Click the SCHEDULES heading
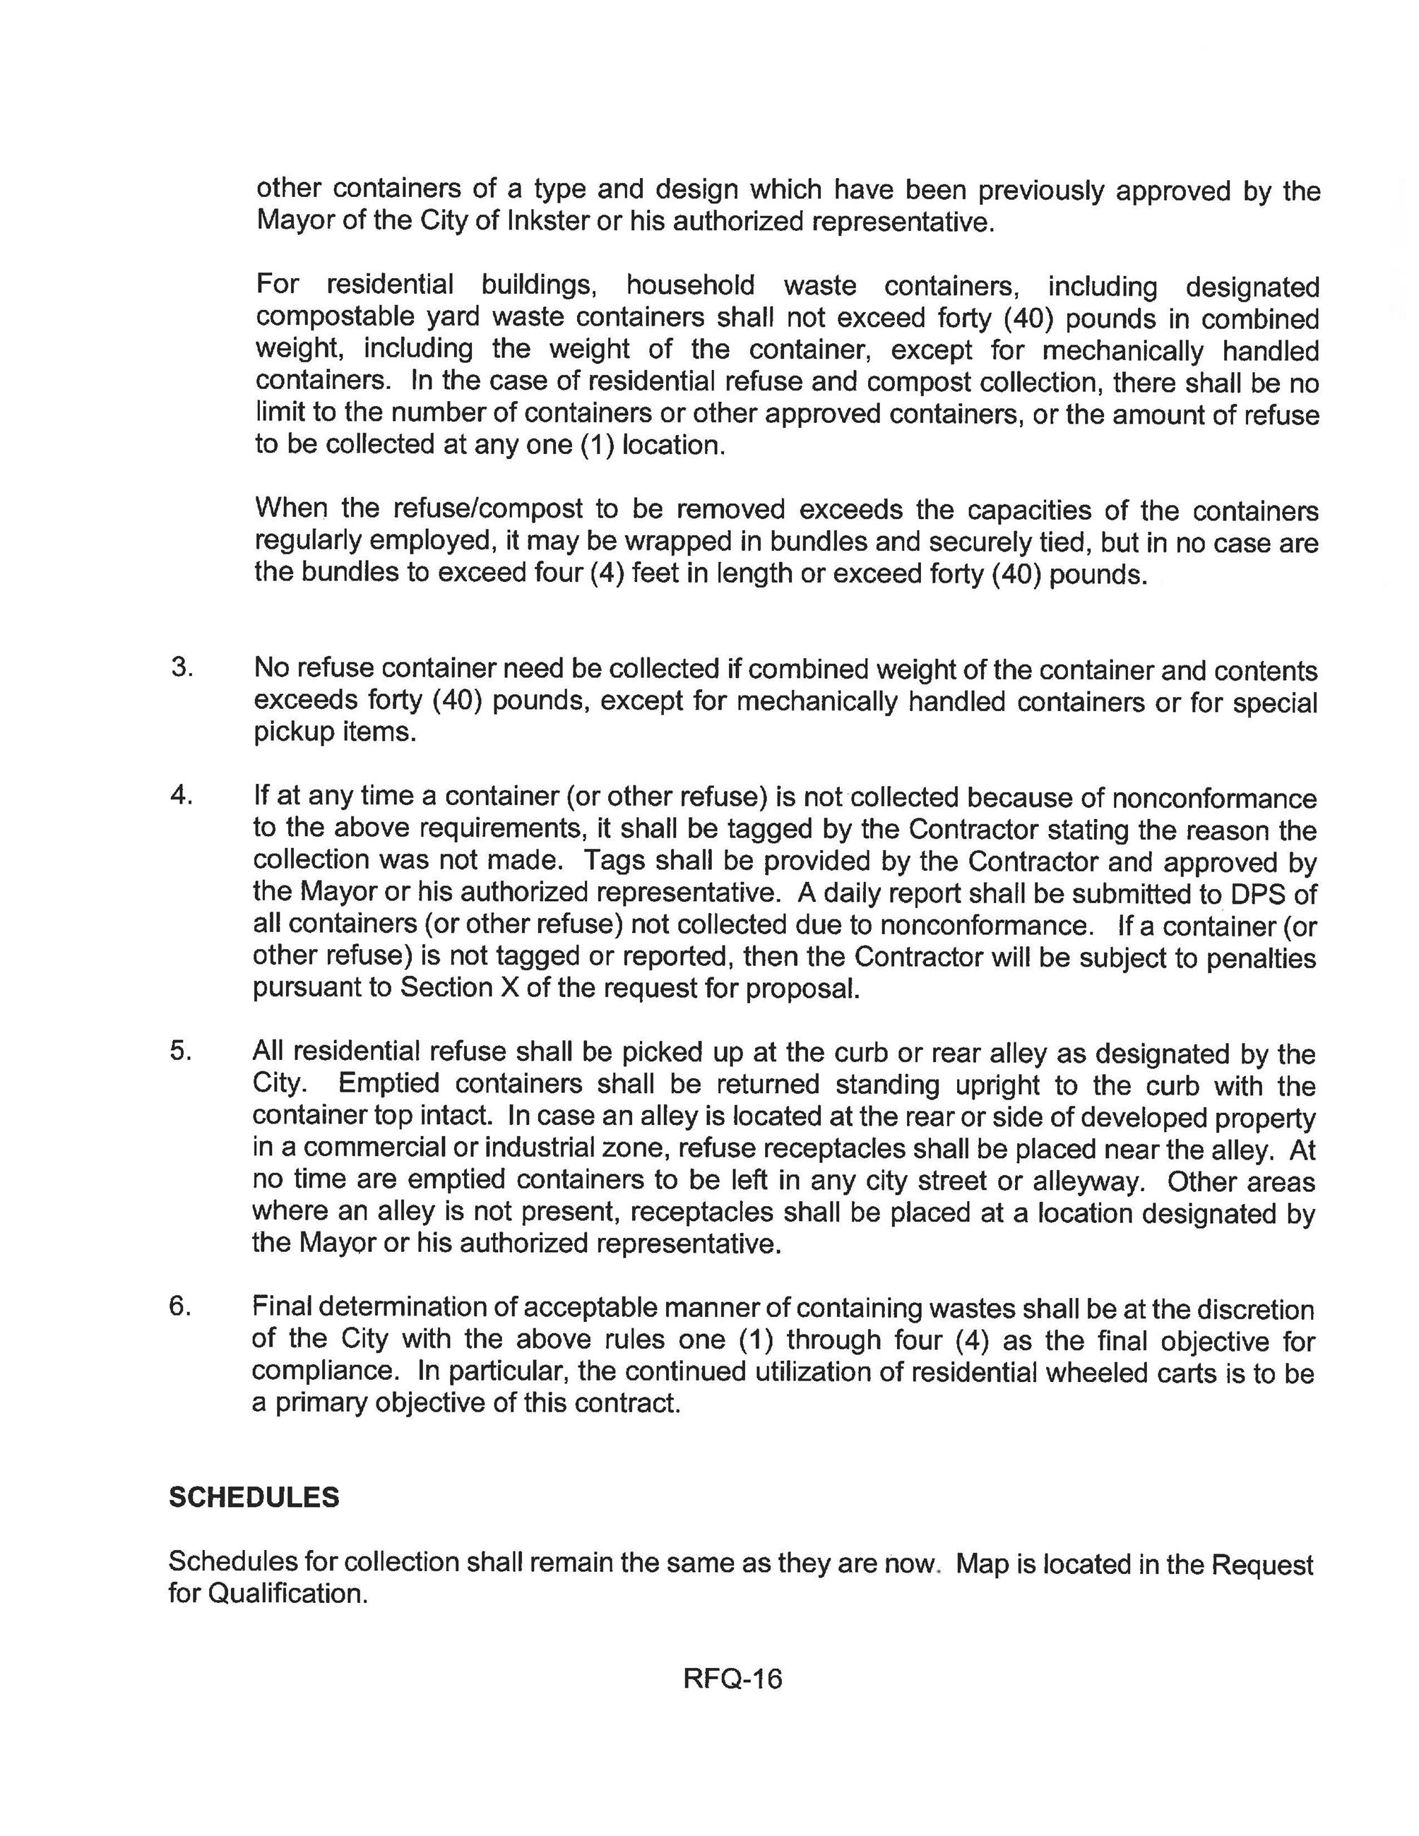(254, 1497)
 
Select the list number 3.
(182, 667)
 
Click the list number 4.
(182, 795)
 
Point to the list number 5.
(182, 1051)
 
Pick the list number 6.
(182, 1306)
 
